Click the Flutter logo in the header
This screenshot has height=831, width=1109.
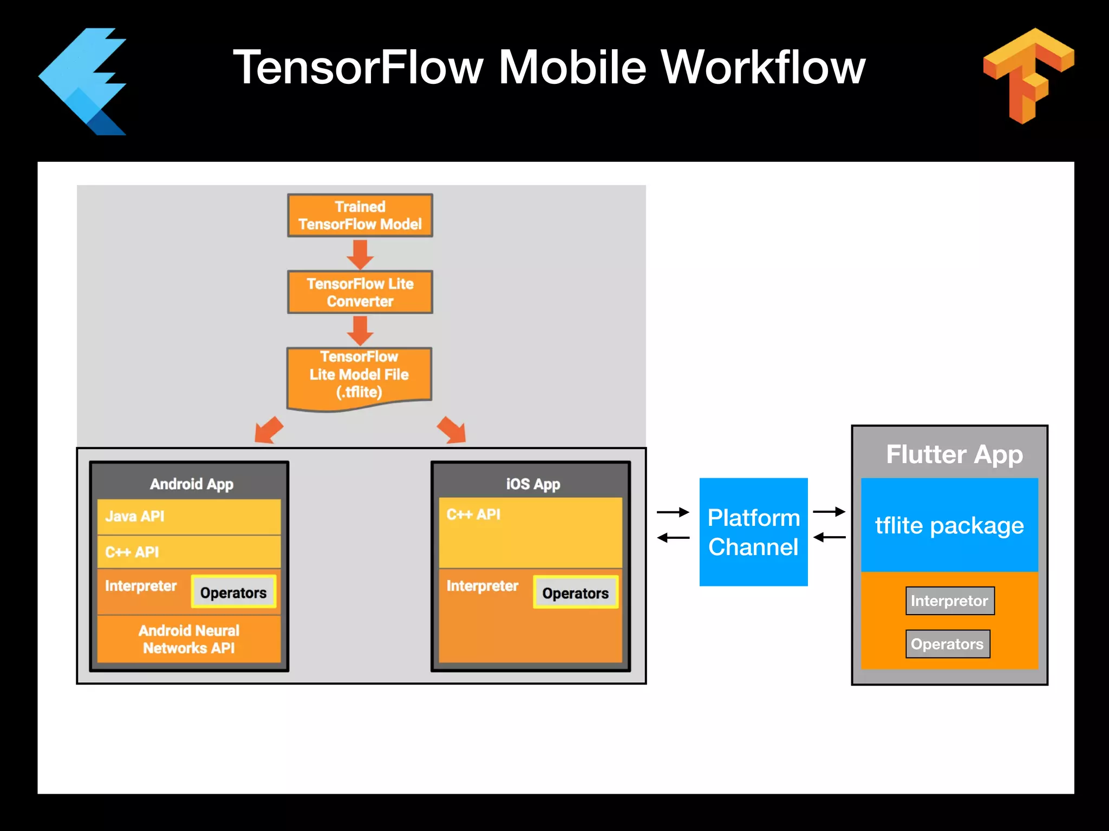[84, 81]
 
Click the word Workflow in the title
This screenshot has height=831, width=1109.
[764, 68]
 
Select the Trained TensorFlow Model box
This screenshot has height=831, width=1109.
[360, 215]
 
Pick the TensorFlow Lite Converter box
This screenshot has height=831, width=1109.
[360, 292]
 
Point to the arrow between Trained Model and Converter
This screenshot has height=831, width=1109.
[360, 254]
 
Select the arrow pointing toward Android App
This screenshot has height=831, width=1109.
[268, 431]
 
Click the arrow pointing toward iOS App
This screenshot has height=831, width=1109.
[452, 431]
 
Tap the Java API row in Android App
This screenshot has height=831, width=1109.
[188, 516]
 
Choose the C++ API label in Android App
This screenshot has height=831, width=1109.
[132, 552]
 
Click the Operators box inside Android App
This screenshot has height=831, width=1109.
[233, 592]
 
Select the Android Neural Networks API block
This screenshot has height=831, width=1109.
[188, 639]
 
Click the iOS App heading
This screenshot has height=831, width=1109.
[533, 484]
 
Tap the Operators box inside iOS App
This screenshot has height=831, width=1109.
[575, 593]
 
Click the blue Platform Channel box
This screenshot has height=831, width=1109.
[753, 532]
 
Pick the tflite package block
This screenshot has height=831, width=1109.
[949, 525]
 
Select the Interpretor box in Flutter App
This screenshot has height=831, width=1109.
[949, 601]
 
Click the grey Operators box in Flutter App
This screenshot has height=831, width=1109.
[947, 644]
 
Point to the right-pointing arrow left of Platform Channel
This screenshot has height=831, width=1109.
[673, 512]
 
